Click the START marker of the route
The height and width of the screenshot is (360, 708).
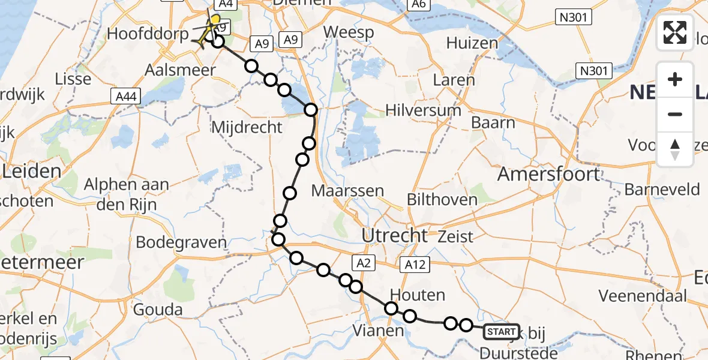pyautogui.click(x=500, y=331)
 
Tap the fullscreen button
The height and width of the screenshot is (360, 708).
pyautogui.click(x=675, y=32)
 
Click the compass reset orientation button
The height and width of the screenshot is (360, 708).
pyautogui.click(x=675, y=149)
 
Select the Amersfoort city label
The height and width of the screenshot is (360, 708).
pyautogui.click(x=549, y=174)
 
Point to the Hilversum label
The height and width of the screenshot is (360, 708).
pyautogui.click(x=424, y=110)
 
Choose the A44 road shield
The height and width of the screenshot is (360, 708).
pyautogui.click(x=125, y=96)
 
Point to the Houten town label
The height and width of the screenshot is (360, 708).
pyautogui.click(x=417, y=295)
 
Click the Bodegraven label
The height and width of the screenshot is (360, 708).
pyautogui.click(x=181, y=242)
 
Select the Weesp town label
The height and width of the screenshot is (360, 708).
pyautogui.click(x=348, y=32)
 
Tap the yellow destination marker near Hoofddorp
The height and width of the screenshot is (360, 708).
pyautogui.click(x=213, y=22)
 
